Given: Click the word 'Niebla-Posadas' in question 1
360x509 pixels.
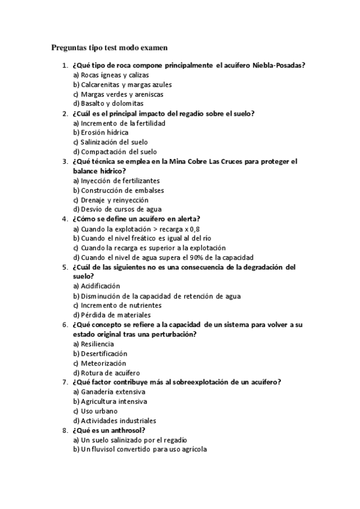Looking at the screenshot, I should (x=280, y=65).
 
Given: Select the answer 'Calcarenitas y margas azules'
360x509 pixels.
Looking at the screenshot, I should (x=118, y=85).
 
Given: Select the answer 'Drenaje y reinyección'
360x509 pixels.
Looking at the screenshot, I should (x=110, y=200).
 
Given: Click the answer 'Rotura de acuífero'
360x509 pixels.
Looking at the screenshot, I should (x=106, y=373).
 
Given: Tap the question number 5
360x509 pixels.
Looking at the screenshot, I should (x=64, y=267).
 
